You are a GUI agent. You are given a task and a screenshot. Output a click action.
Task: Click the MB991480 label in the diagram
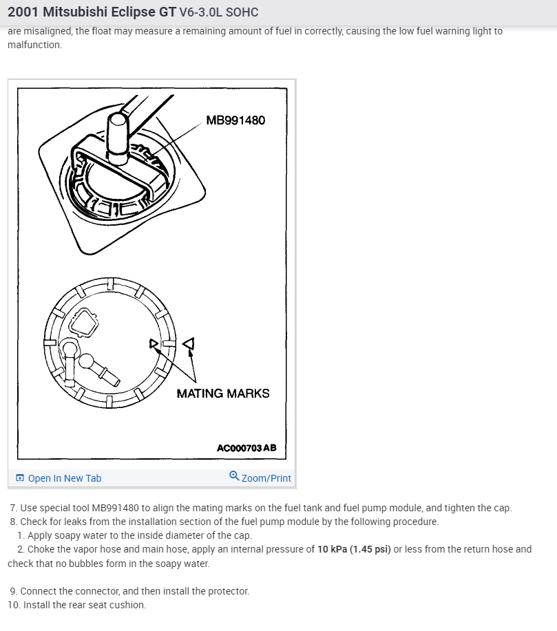(235, 120)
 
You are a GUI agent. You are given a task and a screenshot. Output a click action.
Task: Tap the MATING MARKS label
(223, 394)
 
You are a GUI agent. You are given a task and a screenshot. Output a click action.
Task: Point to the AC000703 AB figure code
(246, 448)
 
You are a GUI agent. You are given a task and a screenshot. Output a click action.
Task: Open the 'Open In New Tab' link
(64, 478)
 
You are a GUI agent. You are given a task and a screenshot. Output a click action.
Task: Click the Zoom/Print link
(266, 478)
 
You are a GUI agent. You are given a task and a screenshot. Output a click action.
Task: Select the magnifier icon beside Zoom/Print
(234, 476)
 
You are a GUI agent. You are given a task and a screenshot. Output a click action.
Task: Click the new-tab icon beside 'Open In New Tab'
(20, 478)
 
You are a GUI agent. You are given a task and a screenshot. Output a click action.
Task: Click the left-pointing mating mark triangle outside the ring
(187, 342)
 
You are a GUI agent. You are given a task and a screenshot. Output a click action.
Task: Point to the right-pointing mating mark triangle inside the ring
(155, 343)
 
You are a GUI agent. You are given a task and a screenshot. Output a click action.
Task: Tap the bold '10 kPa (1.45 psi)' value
(354, 549)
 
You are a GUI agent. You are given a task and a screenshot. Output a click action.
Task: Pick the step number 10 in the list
(14, 605)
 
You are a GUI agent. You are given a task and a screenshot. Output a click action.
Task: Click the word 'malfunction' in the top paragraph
(34, 45)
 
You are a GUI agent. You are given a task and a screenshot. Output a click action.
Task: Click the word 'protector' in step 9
(227, 591)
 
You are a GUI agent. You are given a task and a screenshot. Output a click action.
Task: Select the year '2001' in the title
(24, 12)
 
